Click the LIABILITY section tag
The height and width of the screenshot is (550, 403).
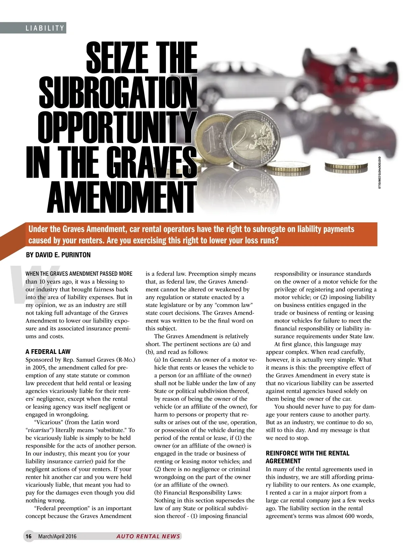click(45, 28)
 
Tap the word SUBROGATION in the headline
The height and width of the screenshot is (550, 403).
click(118, 92)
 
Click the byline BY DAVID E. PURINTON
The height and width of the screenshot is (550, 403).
click(58, 255)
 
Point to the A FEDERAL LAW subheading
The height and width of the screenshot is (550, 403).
click(48, 352)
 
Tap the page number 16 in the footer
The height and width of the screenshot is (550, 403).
click(29, 536)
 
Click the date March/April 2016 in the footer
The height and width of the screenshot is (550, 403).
click(57, 536)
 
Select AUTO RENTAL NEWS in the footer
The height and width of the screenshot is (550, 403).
click(148, 536)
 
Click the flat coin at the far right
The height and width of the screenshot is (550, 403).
click(347, 165)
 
